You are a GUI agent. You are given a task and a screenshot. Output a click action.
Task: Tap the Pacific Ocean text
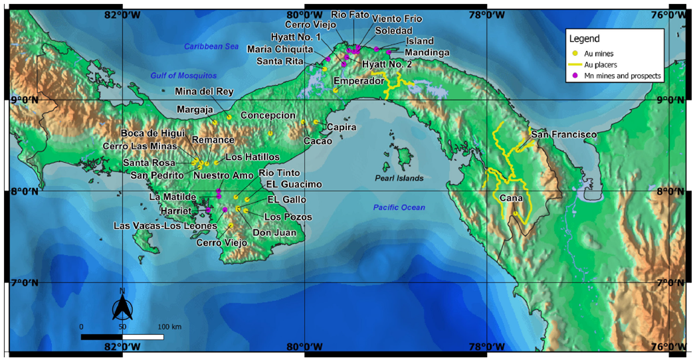(x=399, y=208)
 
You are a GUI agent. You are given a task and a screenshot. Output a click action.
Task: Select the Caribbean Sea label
(x=210, y=46)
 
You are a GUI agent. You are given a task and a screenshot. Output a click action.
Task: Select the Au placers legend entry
(x=604, y=64)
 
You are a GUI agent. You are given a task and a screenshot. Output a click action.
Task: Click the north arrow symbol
(x=122, y=307)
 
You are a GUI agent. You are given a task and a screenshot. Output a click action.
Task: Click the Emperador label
(x=359, y=80)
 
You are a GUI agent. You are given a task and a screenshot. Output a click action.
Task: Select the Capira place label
(x=342, y=126)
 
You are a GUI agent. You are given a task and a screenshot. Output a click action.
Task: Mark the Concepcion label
(x=268, y=115)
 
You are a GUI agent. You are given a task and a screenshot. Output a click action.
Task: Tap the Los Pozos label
(x=288, y=217)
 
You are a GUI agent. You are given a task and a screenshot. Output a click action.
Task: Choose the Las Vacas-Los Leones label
(x=165, y=226)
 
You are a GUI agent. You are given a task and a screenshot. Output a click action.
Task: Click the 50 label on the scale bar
(x=122, y=327)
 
